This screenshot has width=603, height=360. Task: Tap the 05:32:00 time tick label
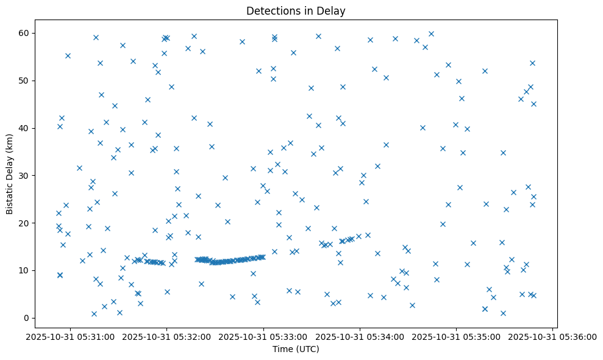coord(166,336)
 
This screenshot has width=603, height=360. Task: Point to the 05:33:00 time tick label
coord(263,336)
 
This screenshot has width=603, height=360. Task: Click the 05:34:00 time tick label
coord(360,336)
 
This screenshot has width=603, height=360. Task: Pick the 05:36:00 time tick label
coord(552,336)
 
